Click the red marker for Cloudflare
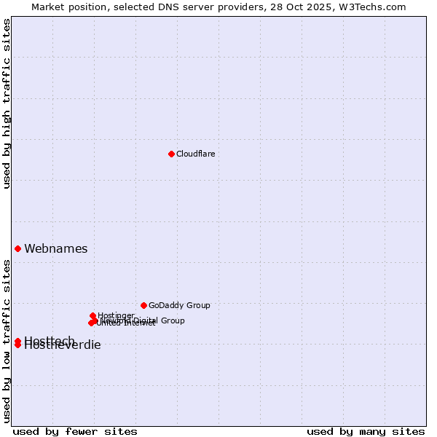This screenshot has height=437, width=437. (x=171, y=154)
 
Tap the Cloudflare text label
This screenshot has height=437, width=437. (x=195, y=154)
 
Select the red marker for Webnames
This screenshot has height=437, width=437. (x=17, y=248)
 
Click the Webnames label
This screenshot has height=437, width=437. (x=55, y=248)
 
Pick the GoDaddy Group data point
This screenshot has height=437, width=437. (x=143, y=305)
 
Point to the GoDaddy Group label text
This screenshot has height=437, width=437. (x=179, y=305)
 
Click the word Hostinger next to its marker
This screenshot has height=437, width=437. (x=116, y=315)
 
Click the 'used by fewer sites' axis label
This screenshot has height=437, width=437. (x=75, y=431)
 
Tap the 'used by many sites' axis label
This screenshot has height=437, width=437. (x=366, y=431)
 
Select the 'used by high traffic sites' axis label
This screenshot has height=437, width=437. (x=7, y=103)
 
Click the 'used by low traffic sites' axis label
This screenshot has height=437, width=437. (x=7, y=340)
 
